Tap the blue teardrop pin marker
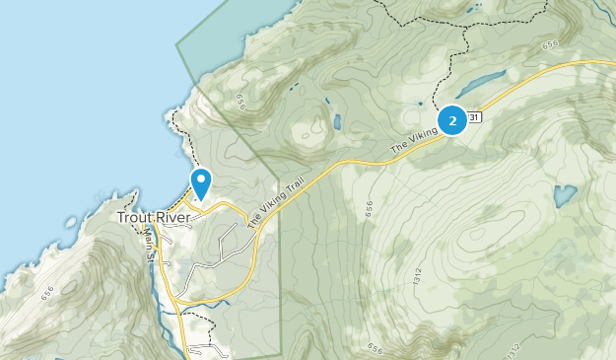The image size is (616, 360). coord(201,182)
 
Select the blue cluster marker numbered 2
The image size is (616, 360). coord(452,120)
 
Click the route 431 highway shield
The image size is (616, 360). coord(475,117)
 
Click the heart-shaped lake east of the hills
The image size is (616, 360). coord(564,195)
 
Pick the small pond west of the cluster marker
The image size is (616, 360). coord(337,122)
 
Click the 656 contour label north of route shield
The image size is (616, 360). coord(549,44)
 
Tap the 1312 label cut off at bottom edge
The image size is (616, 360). coord(513,351)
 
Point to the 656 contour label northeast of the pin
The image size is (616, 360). coord(240,102)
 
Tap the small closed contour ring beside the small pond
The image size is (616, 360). coord(313,125)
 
